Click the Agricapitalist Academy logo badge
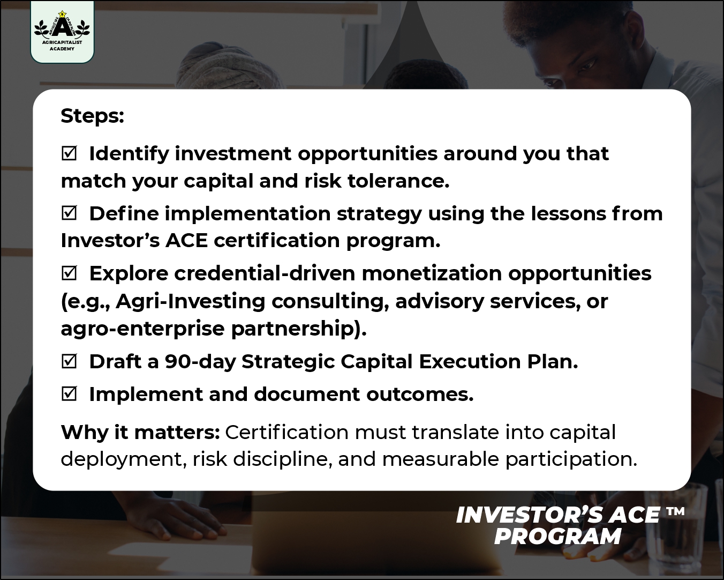coord(62,32)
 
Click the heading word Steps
coord(93,116)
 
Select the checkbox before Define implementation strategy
coord(69,213)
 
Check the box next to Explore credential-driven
coord(69,273)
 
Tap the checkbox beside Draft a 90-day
coord(69,361)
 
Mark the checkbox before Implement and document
coord(69,394)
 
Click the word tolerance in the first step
coord(398,181)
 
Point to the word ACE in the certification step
coord(186,241)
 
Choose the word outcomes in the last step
coord(420,395)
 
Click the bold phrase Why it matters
coord(140,432)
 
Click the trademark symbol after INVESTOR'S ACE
coord(675,512)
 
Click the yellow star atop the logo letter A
coord(62,14)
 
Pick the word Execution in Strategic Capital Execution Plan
coord(470,361)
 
